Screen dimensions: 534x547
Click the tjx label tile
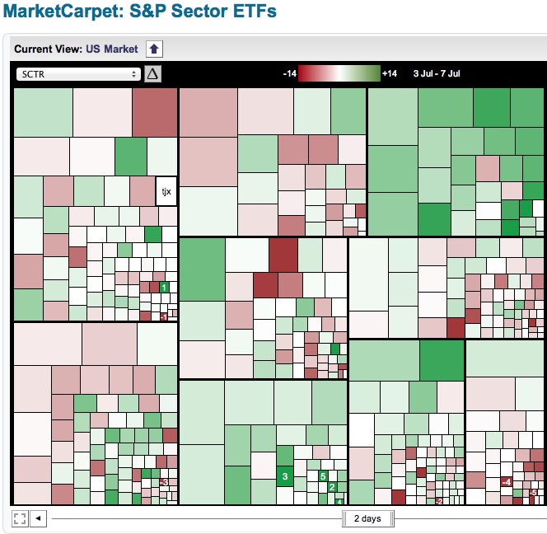pyautogui.click(x=166, y=191)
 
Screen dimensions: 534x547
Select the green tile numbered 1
pyautogui.click(x=164, y=288)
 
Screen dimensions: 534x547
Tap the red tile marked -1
pyautogui.click(x=164, y=316)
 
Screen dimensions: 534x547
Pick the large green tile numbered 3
pyautogui.click(x=285, y=476)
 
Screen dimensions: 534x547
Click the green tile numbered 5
pyautogui.click(x=324, y=476)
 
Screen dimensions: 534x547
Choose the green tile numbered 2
pyautogui.click(x=332, y=487)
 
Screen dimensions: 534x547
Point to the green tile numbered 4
pyautogui.click(x=339, y=501)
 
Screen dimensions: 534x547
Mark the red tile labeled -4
pyautogui.click(x=507, y=482)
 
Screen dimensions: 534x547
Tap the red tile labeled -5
pyautogui.click(x=533, y=493)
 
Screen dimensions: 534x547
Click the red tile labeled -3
pyautogui.click(x=165, y=482)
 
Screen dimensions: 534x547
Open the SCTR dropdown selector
pyautogui.click(x=78, y=74)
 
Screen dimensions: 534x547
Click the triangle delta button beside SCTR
pyautogui.click(x=153, y=74)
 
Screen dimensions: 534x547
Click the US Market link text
pyautogui.click(x=112, y=49)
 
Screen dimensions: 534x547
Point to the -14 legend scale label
pyautogui.click(x=289, y=74)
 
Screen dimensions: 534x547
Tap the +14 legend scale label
pyautogui.click(x=390, y=74)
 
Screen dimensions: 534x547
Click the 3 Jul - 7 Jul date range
pyautogui.click(x=437, y=74)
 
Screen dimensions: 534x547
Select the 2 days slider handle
pyautogui.click(x=367, y=518)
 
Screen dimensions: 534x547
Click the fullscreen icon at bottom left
pyautogui.click(x=20, y=518)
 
